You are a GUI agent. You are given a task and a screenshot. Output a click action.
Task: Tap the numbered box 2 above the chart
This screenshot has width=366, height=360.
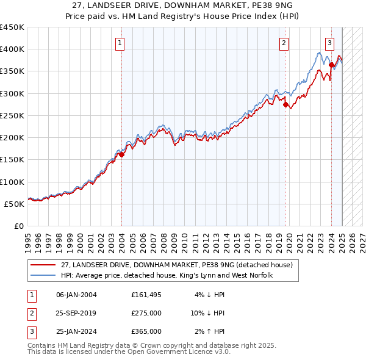click(284, 43)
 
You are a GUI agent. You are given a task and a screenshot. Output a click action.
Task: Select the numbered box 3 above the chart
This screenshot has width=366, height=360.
click(329, 43)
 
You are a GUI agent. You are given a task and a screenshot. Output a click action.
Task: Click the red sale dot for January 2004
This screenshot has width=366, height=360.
click(121, 154)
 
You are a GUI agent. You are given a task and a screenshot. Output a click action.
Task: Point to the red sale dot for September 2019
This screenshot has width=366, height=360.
click(286, 104)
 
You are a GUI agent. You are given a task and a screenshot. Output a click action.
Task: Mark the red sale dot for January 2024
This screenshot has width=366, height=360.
click(331, 65)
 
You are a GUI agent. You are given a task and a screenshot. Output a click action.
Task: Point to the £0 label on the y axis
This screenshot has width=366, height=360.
click(18, 226)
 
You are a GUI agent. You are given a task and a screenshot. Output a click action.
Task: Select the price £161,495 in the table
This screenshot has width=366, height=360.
click(146, 295)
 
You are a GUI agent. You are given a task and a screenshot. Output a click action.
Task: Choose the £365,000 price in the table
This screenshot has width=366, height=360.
click(146, 331)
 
